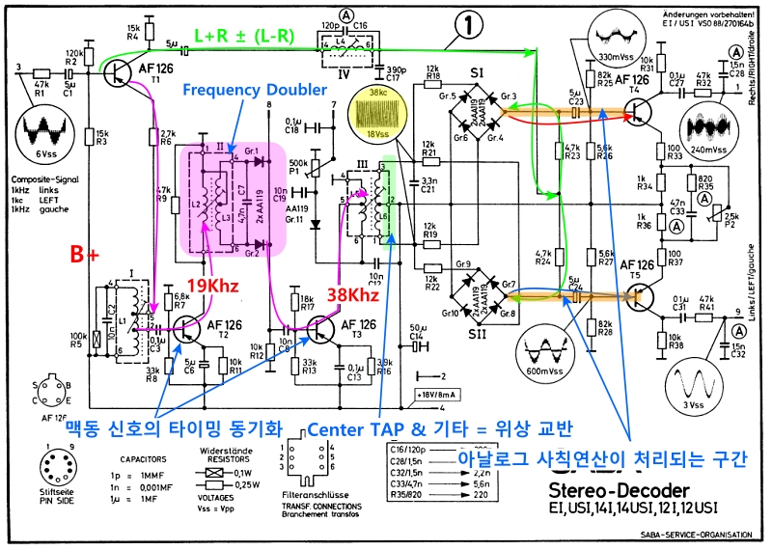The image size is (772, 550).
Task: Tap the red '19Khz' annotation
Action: [x=213, y=286]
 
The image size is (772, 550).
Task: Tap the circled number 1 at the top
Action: [x=467, y=27]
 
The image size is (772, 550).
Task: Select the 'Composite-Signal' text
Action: [x=41, y=179]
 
